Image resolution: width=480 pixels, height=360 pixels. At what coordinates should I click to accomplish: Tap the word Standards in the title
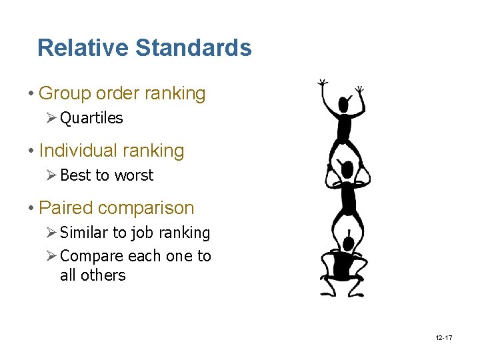193,48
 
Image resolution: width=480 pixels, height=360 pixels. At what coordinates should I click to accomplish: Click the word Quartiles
91,118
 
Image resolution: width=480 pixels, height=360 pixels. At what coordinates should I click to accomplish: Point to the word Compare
91,256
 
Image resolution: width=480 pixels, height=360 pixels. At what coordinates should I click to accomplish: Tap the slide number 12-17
443,338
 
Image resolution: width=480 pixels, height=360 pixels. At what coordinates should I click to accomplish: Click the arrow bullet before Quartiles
53,118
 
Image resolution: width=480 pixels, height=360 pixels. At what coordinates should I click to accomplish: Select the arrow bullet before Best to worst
53,175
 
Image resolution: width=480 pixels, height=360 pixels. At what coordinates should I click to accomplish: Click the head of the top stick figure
345,105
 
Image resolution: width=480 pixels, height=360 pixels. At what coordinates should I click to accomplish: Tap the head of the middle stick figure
346,168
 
